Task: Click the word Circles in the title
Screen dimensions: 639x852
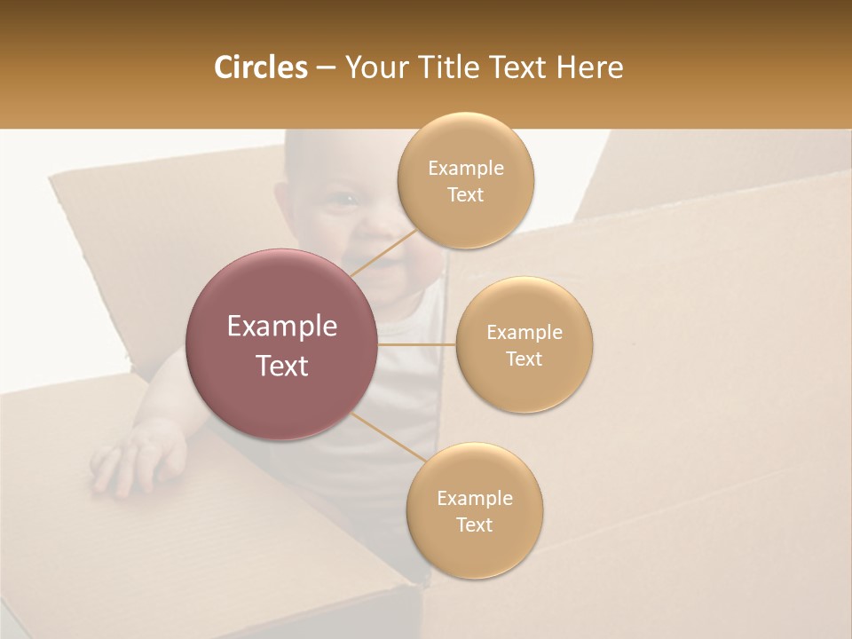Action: [260, 67]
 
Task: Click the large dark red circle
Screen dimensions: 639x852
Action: [282, 344]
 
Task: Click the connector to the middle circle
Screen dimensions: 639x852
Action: [417, 344]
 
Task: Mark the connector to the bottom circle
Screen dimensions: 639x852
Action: [388, 437]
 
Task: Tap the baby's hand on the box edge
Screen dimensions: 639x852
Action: [133, 457]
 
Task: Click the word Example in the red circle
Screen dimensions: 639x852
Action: [282, 327]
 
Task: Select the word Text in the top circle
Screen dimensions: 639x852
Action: [466, 195]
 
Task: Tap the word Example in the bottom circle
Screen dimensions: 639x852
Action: [475, 498]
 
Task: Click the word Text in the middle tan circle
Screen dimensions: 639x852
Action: [525, 359]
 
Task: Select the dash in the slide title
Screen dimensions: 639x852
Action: [326, 68]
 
